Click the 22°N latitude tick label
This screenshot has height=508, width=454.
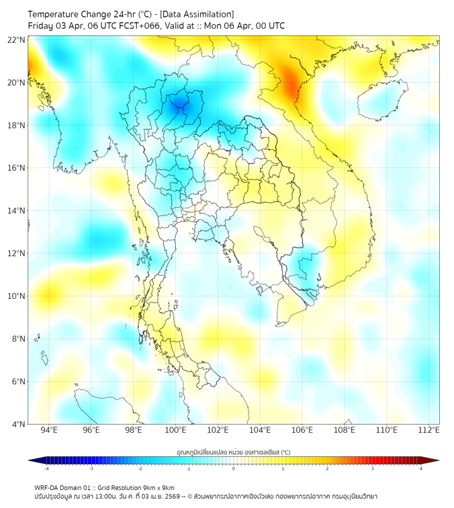pos(17,40)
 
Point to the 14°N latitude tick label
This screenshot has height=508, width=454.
pos(17,210)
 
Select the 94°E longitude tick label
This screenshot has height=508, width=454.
pos(49,430)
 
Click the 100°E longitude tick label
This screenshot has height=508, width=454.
pos(176,430)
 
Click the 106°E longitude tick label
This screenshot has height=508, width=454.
pos(303,430)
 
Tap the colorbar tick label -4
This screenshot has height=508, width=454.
pos(46,468)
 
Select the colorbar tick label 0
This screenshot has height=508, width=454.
pos(234,468)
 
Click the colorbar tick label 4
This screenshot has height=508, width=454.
pos(420,468)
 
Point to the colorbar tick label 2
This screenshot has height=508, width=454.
pos(327,468)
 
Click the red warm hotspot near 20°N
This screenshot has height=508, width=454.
pos(291,83)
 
